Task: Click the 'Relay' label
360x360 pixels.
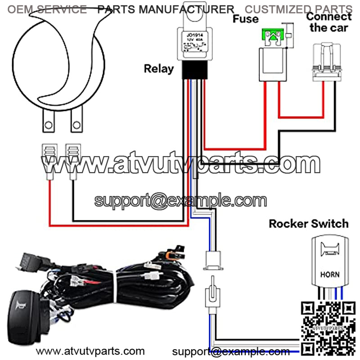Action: tap(158, 69)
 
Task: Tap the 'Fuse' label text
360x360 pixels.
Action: tap(246, 19)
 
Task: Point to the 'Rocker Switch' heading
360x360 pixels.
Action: tap(309, 224)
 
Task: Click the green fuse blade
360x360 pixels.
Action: tap(271, 35)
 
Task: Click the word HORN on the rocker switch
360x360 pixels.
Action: tap(330, 274)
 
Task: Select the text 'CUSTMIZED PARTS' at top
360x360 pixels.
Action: tap(298, 9)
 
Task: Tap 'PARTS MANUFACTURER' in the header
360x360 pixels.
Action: tap(166, 9)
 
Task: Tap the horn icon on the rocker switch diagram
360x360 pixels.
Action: tap(329, 250)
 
